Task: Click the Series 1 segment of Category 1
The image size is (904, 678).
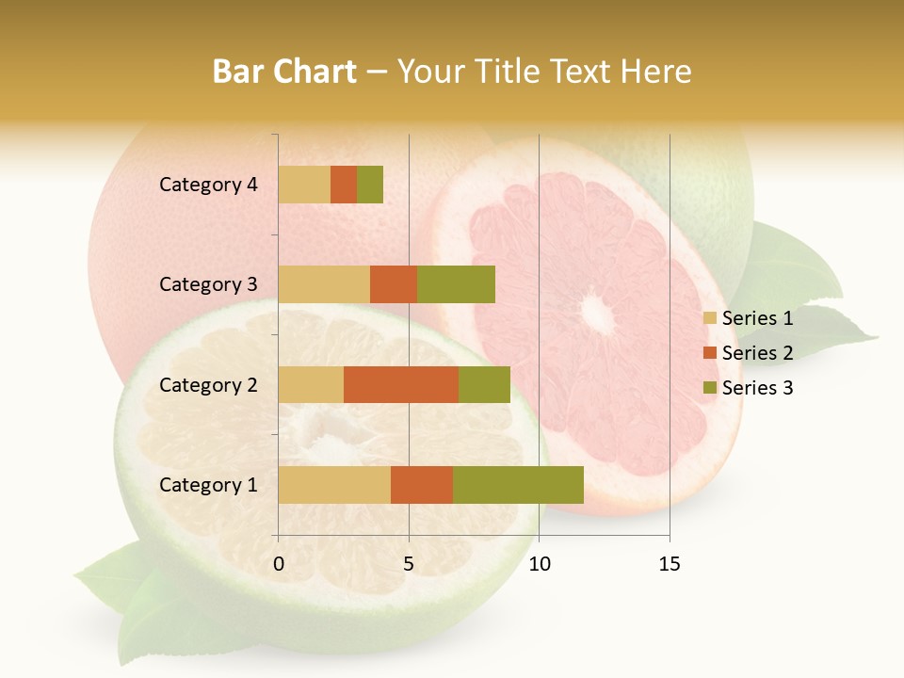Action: click(x=334, y=485)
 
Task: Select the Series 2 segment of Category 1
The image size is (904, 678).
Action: click(x=422, y=485)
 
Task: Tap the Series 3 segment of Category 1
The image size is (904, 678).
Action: click(x=518, y=485)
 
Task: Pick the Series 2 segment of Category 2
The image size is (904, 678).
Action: click(x=401, y=384)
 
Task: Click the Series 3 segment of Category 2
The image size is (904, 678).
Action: click(x=484, y=384)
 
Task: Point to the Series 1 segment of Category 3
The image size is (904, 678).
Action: click(x=324, y=284)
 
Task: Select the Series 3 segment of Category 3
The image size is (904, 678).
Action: click(x=456, y=284)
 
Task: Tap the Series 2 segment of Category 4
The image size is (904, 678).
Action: click(x=344, y=185)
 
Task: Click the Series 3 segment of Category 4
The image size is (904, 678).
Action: click(x=370, y=185)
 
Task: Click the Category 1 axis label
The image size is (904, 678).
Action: click(x=207, y=485)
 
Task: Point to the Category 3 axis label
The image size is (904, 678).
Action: click(x=207, y=284)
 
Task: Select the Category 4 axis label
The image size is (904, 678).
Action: click(x=207, y=185)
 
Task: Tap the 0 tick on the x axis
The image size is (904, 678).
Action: click(x=279, y=564)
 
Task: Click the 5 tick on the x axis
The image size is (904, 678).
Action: click(x=409, y=564)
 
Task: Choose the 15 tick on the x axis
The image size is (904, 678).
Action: click(x=669, y=564)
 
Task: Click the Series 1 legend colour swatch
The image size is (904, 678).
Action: click(x=709, y=318)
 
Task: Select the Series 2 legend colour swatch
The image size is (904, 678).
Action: click(x=709, y=353)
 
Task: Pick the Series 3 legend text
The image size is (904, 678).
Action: click(x=757, y=388)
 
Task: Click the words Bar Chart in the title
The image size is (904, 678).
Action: click(x=284, y=71)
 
